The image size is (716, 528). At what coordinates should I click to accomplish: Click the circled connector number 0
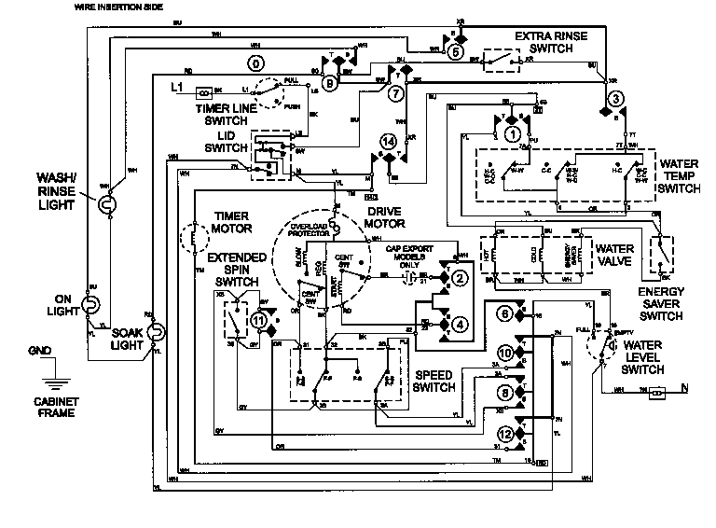click(x=253, y=63)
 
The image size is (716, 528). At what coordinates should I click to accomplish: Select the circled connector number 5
click(x=456, y=52)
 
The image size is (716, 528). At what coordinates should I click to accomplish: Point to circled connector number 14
click(x=387, y=141)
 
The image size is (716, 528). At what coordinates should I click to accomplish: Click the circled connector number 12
click(x=503, y=433)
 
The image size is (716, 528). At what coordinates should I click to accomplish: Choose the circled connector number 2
click(x=459, y=278)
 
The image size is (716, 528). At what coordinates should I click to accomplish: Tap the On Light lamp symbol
click(x=90, y=303)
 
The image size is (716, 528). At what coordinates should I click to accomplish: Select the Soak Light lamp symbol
click(x=157, y=331)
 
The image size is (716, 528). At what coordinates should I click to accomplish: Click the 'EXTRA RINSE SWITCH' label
click(x=550, y=41)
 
